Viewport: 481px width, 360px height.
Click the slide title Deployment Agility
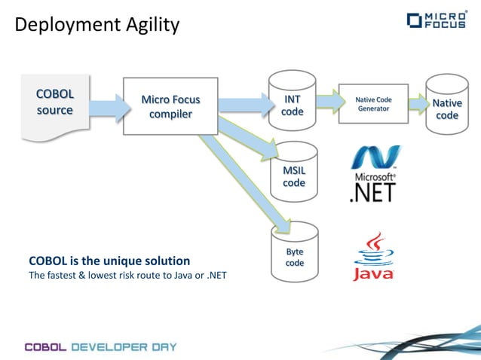click(x=97, y=25)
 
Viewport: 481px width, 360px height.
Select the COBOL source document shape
click(x=55, y=105)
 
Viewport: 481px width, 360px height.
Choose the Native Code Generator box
click(x=372, y=103)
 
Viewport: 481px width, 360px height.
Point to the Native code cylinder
click(x=447, y=106)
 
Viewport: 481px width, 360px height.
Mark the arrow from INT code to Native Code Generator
click(x=327, y=102)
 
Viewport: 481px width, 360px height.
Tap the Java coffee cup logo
click(x=373, y=256)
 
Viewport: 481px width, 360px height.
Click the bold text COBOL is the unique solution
click(x=109, y=261)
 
